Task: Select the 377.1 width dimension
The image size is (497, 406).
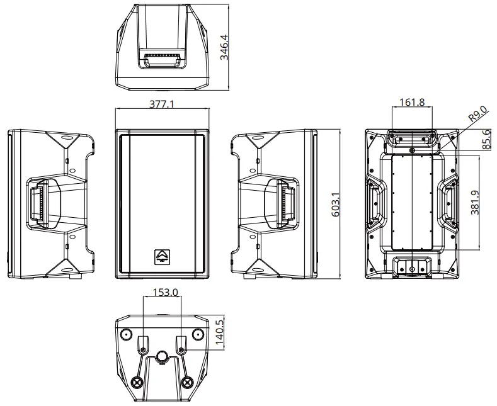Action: (x=162, y=104)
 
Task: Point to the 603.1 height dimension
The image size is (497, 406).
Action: (x=335, y=205)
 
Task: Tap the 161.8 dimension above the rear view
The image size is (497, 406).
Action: (x=412, y=102)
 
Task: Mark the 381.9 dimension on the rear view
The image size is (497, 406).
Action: (x=476, y=202)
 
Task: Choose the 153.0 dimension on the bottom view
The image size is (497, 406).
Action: (x=162, y=292)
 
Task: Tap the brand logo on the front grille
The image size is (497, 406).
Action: (x=162, y=256)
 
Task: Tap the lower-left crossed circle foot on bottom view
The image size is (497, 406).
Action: (x=138, y=382)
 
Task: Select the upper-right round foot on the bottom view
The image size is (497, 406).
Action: (x=197, y=333)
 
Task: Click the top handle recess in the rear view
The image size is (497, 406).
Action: (x=412, y=138)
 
